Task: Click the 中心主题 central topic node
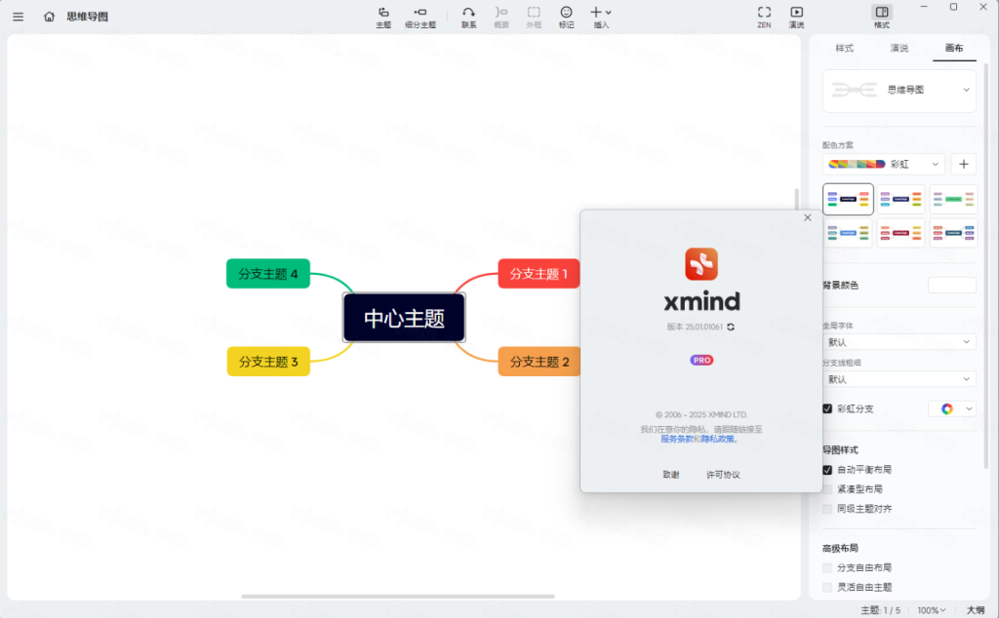pos(404,318)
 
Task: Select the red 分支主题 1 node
pos(539,274)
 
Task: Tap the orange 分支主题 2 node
pos(539,362)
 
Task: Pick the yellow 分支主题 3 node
pos(268,362)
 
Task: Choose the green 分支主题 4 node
pos(268,274)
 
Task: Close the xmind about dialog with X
pos(807,217)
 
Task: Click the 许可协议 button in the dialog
pos(723,475)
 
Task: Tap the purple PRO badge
pos(701,360)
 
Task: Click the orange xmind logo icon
pos(701,263)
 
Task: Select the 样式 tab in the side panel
pos(845,48)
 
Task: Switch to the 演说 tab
pos(899,48)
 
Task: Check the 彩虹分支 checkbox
pos(827,408)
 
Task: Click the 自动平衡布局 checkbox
pos(827,470)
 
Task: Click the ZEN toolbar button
pos(764,16)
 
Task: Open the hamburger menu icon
pos(18,17)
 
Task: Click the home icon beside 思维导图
pos(49,17)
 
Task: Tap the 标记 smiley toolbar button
pos(566,16)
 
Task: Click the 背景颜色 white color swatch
pos(951,285)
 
